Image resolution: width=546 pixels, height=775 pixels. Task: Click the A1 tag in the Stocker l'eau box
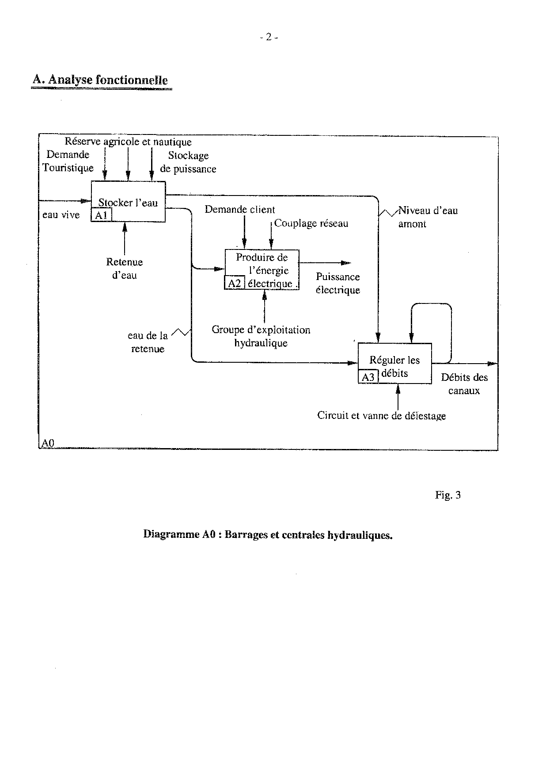pos(101,215)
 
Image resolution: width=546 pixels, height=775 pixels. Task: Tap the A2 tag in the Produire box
pos(235,283)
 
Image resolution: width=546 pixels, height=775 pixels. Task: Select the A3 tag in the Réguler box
pos(368,377)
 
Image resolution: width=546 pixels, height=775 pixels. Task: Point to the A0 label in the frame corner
pos(47,443)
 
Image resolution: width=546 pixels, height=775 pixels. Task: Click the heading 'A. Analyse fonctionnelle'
pos(100,80)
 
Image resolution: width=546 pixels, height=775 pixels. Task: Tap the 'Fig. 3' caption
pos(447,495)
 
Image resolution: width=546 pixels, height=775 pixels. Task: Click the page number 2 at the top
pos(268,38)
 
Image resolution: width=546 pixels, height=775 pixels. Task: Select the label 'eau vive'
pos(61,215)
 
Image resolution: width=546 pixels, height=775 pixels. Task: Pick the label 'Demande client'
pos(239,210)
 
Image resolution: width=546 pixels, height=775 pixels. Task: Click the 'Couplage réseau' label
pos(311,223)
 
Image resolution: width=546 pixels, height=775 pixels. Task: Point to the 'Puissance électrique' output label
pos(338,284)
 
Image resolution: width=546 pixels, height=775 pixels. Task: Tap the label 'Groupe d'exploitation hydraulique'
pos(261,336)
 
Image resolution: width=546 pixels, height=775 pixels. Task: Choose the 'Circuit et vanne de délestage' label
pos(381,416)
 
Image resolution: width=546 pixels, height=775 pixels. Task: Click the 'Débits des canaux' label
pos(464,384)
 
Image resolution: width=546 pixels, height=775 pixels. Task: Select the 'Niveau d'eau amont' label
pos(427,217)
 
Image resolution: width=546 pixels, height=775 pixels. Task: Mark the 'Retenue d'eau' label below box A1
pos(124,269)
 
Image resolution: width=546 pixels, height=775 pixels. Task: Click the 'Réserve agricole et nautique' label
pos(128,142)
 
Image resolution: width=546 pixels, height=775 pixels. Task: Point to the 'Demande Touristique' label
pos(68,161)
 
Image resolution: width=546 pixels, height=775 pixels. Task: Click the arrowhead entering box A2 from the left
pos(219,269)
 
